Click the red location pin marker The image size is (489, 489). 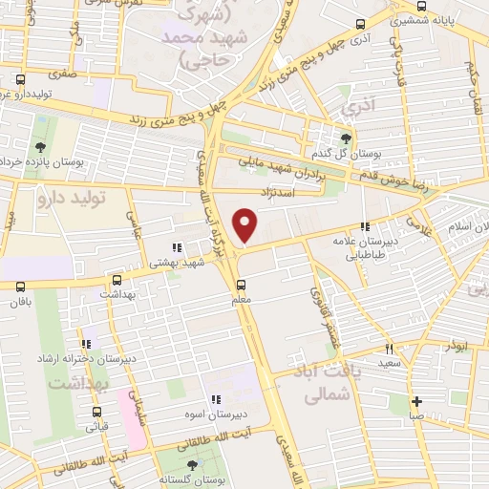click(246, 226)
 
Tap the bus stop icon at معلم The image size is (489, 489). click(242, 284)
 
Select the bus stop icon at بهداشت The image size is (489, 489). click(117, 281)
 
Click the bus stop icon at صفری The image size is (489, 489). click(21, 80)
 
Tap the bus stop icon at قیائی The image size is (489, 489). click(96, 414)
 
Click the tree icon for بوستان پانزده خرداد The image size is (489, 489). click(40, 147)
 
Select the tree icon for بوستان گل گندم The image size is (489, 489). click(346, 138)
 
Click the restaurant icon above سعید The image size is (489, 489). click(389, 349)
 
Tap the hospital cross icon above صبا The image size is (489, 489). click(416, 401)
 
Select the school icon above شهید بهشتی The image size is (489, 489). click(176, 248)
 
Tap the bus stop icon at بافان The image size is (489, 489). click(20, 286)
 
